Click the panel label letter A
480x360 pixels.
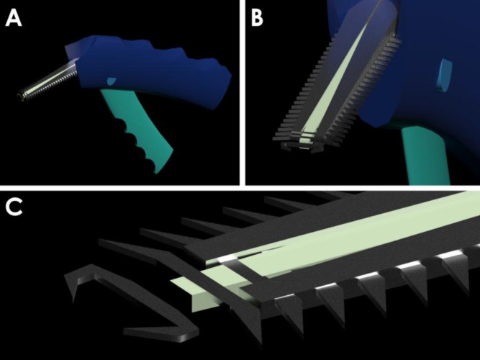[14, 18]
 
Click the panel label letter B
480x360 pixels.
[256, 18]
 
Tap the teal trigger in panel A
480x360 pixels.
[140, 128]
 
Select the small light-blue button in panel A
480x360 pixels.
[112, 81]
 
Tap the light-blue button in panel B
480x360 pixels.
[445, 76]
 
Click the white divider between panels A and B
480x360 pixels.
[243, 93]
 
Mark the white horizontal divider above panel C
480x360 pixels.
[240, 188]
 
